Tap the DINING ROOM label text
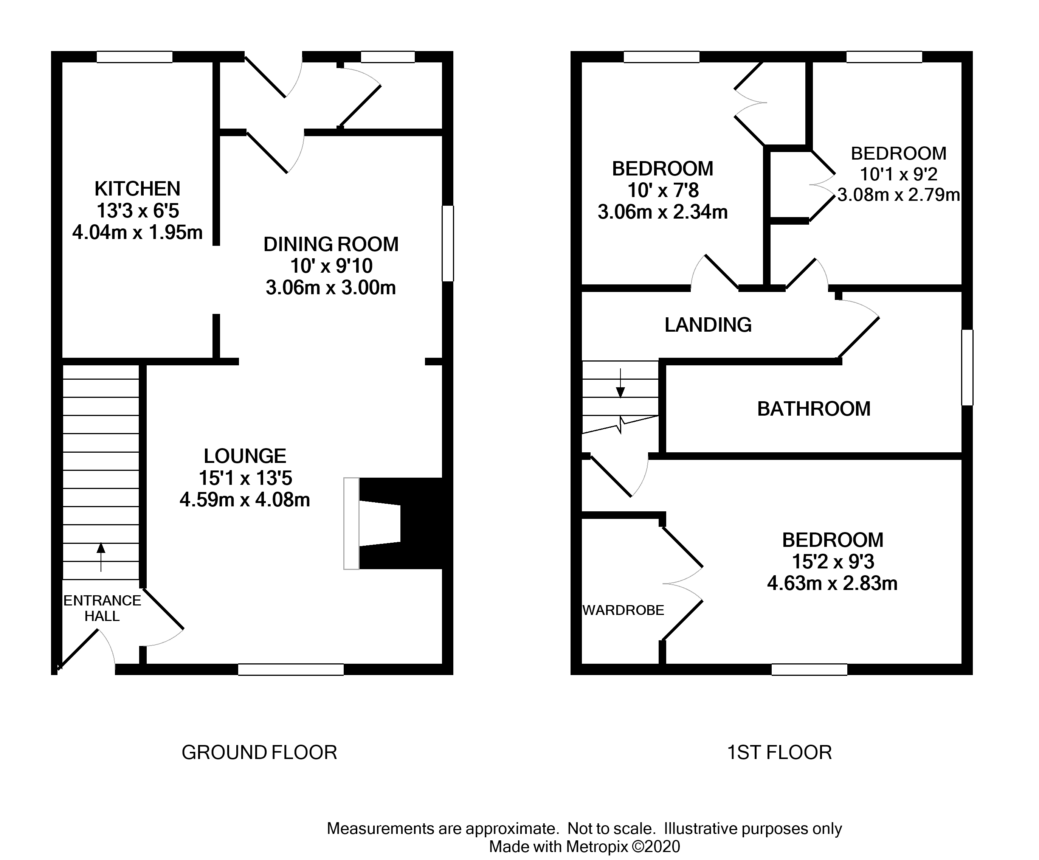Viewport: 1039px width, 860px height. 330,244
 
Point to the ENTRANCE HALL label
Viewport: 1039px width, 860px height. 102,608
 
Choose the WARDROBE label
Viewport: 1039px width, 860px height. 623,610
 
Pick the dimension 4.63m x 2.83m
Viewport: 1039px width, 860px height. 832,584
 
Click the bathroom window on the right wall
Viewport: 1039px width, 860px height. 967,368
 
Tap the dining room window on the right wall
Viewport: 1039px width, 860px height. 447,244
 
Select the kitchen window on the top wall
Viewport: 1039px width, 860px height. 134,57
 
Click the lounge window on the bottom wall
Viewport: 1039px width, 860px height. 290,669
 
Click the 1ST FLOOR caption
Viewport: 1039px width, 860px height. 779,752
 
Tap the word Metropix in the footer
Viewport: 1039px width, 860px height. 597,847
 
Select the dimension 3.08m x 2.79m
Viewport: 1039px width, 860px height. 898,195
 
